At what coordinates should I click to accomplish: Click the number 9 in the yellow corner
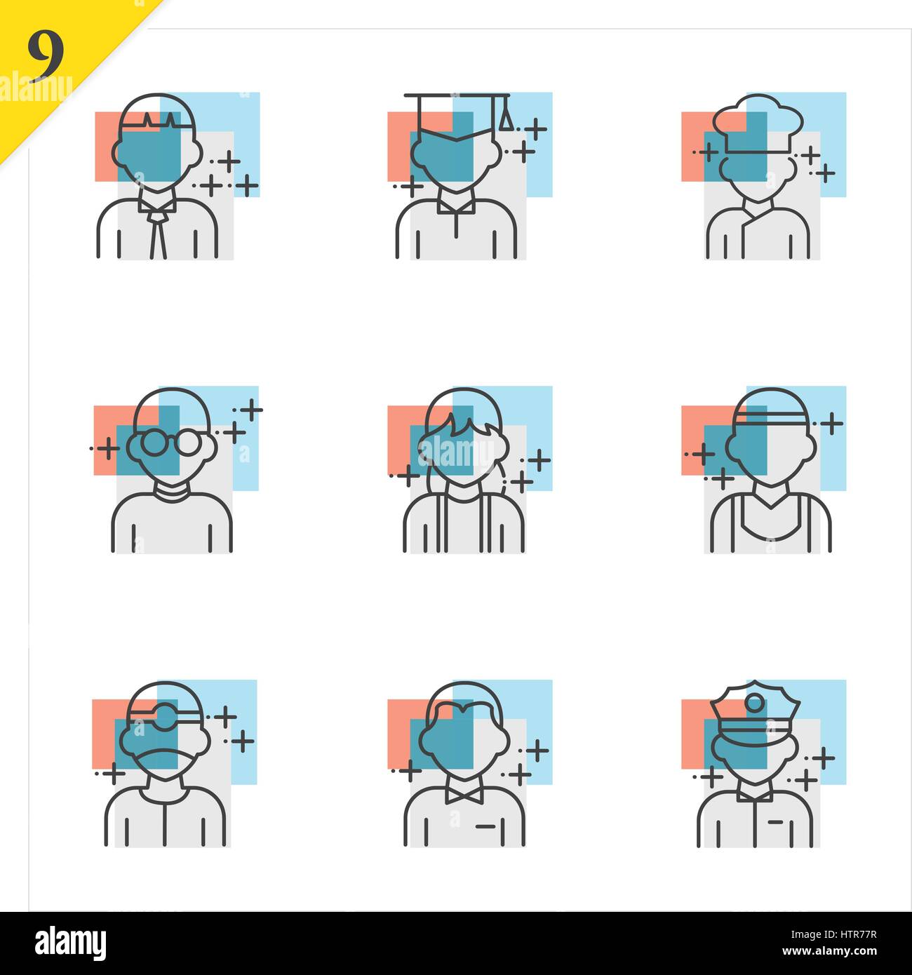pos(46,55)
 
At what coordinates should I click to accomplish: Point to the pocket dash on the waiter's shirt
pos(485,827)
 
